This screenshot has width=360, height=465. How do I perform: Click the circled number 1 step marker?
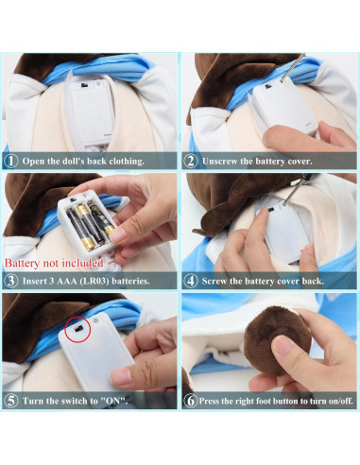click(x=11, y=161)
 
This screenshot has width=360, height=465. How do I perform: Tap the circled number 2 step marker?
click(x=191, y=161)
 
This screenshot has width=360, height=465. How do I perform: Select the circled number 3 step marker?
click(x=11, y=281)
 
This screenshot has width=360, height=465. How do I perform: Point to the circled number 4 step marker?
click(x=191, y=281)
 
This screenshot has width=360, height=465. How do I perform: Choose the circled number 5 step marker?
click(x=11, y=401)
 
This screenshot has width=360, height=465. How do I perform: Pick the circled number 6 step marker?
click(x=191, y=401)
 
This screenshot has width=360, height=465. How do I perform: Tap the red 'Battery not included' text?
click(x=54, y=263)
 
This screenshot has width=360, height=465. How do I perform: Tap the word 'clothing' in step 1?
click(x=127, y=162)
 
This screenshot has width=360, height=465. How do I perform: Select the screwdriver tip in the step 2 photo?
click(x=282, y=81)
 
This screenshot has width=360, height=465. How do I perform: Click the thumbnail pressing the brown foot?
click(x=283, y=345)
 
